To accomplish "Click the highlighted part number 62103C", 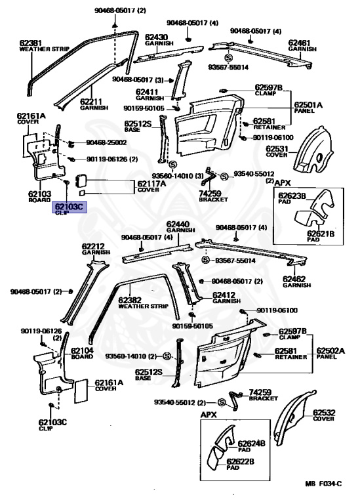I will (x=70, y=206).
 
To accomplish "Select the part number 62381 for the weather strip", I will (x=32, y=42).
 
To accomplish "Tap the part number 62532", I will (x=324, y=412).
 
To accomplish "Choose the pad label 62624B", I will (x=251, y=444).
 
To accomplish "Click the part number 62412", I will (x=225, y=295).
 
